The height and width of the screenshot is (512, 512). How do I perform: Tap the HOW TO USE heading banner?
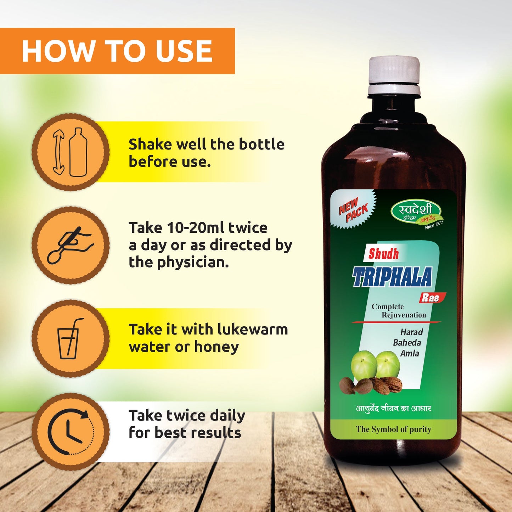[117, 51]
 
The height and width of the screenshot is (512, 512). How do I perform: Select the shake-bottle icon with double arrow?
[71, 152]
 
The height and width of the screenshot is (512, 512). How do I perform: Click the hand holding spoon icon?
[71, 245]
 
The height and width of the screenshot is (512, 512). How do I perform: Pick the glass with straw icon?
[71, 338]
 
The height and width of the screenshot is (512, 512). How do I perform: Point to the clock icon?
[71, 432]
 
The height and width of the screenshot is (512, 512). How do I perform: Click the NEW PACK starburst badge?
[353, 210]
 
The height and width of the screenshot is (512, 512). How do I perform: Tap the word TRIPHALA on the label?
[392, 277]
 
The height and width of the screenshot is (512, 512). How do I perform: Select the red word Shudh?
[383, 254]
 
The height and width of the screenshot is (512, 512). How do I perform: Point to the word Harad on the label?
[411, 332]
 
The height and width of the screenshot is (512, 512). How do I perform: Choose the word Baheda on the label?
[407, 343]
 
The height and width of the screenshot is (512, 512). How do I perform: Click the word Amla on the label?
[410, 353]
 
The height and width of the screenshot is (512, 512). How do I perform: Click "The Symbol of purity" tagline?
[393, 429]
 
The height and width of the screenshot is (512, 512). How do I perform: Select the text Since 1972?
[434, 225]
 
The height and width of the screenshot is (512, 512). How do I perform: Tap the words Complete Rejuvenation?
[398, 311]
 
